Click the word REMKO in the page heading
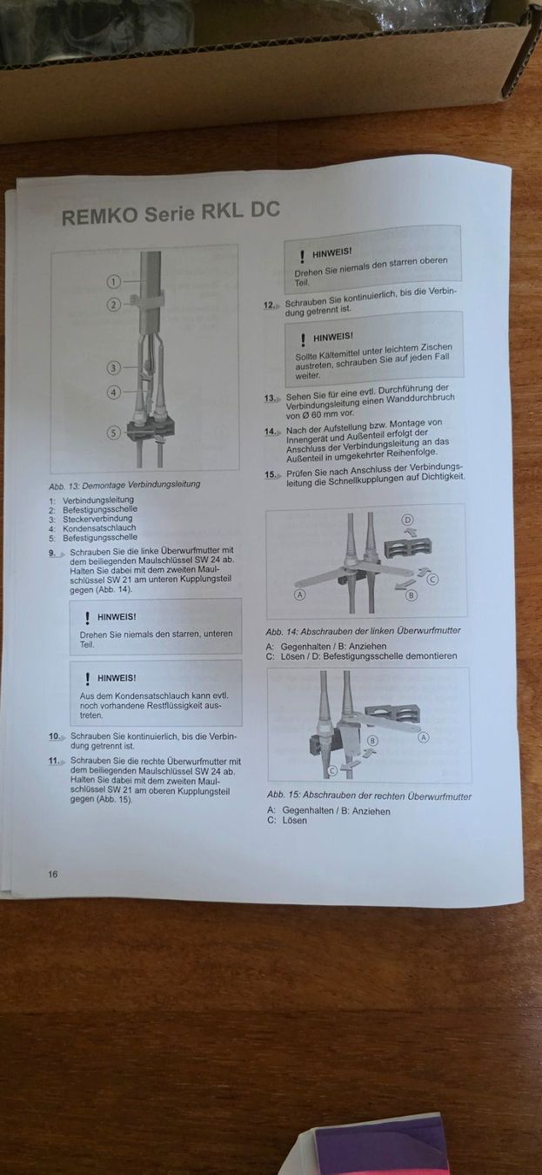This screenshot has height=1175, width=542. pos(100,216)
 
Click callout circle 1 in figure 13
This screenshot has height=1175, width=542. pos(114,282)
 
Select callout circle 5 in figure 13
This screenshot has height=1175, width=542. pos(114,433)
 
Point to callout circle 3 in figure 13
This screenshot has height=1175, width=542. pos(113,368)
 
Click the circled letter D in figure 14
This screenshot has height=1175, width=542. pos(407,520)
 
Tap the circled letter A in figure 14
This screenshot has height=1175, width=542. pos(300,594)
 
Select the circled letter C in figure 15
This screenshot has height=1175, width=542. pos(332,771)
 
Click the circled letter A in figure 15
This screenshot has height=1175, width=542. pos(423,737)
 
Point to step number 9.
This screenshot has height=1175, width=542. pos(52,553)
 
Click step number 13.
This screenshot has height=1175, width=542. pos(270,398)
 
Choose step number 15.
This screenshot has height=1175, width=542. pos(270,474)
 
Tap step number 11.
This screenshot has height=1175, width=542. pos(54,761)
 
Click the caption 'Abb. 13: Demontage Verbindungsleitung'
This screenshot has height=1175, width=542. pos(124,485)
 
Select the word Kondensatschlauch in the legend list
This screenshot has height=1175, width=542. pos(99,527)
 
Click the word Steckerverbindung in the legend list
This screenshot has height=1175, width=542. pos(97,519)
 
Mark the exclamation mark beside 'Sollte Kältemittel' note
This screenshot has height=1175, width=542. pos(303,340)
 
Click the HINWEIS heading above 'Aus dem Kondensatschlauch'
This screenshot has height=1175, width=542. pos(117,678)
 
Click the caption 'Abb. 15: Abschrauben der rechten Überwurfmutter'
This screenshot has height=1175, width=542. pos(369,796)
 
